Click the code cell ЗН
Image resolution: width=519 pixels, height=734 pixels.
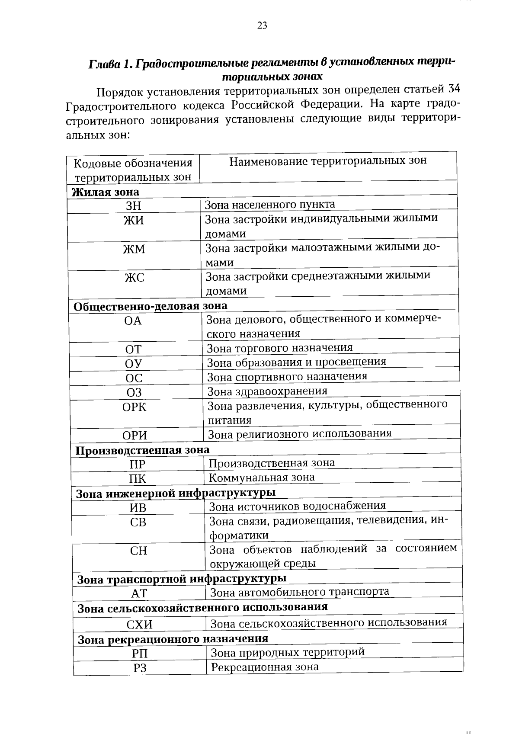[133, 206]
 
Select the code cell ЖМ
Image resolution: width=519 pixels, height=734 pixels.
[134, 249]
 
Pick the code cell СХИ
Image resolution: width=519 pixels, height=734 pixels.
[139, 625]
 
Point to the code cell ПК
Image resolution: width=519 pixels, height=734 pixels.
[137, 479]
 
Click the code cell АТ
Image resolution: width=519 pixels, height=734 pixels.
[139, 593]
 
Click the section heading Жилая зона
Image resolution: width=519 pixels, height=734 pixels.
[106, 192]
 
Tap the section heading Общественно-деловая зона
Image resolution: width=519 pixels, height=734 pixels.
[151, 306]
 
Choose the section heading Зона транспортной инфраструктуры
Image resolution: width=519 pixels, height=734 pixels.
[182, 579]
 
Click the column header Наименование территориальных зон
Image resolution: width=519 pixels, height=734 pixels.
[328, 161]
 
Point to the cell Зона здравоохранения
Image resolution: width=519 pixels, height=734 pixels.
[267, 391]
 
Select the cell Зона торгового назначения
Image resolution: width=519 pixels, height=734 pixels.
[279, 348]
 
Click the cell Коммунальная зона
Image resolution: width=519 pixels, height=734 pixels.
[262, 478]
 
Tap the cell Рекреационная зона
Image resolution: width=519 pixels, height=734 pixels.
[265, 667]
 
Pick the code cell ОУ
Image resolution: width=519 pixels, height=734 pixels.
[134, 363]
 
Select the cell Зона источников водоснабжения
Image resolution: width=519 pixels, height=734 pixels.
[298, 506]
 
